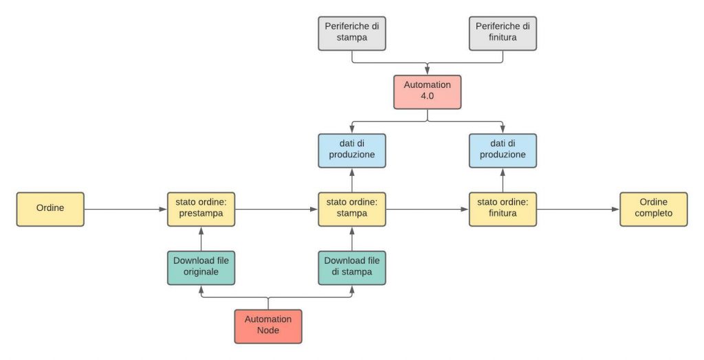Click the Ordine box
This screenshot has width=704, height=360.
point(50,209)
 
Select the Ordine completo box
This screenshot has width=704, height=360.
point(653,209)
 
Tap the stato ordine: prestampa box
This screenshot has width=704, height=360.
point(201,209)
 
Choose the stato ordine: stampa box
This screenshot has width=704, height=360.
point(352,209)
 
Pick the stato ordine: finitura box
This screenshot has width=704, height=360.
point(503,209)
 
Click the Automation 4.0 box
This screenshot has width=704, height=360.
point(428,92)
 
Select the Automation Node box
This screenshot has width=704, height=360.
point(268,326)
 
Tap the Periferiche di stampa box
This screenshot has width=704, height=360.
point(352,34)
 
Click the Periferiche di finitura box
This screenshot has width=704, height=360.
point(503,34)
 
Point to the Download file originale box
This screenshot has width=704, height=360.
point(201,268)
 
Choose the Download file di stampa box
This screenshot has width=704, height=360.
point(352,268)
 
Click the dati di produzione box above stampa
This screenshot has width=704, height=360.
point(352,151)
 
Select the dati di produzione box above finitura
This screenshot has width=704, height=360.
point(503,151)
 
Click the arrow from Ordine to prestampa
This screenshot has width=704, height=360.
point(126,209)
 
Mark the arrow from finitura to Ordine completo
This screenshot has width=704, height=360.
point(578,209)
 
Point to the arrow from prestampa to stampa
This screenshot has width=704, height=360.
point(276,209)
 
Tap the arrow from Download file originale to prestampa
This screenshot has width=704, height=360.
point(201,239)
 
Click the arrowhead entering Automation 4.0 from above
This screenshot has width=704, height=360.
point(428,71)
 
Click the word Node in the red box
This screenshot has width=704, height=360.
point(268,330)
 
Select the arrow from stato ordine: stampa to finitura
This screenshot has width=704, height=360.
point(428,209)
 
